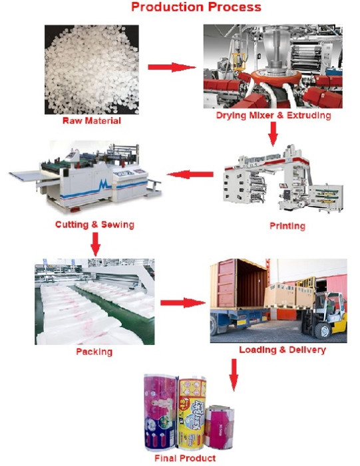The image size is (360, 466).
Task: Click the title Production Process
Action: click(x=196, y=7)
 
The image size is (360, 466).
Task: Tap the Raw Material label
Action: click(x=92, y=121)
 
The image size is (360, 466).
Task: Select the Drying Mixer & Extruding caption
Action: click(x=273, y=115)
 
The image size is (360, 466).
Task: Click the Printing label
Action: click(x=287, y=226)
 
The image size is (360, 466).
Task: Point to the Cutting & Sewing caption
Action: click(x=94, y=225)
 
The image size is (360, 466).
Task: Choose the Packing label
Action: click(x=94, y=352)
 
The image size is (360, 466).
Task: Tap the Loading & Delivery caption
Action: click(x=282, y=350)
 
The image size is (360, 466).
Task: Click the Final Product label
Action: click(x=185, y=458)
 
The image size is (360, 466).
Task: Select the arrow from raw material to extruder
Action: click(x=172, y=67)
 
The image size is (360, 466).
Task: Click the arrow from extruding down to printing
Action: click(x=273, y=134)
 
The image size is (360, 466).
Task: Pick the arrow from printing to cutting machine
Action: click(x=190, y=174)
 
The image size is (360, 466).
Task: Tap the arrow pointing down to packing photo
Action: click(x=95, y=244)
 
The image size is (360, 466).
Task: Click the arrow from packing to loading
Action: click(x=183, y=303)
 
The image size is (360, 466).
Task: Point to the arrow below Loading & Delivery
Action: click(x=234, y=375)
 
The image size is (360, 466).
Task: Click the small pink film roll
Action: click(x=220, y=427)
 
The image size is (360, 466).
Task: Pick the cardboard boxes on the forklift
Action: click(x=289, y=294)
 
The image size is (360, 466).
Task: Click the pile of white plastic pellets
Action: click(x=92, y=69)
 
